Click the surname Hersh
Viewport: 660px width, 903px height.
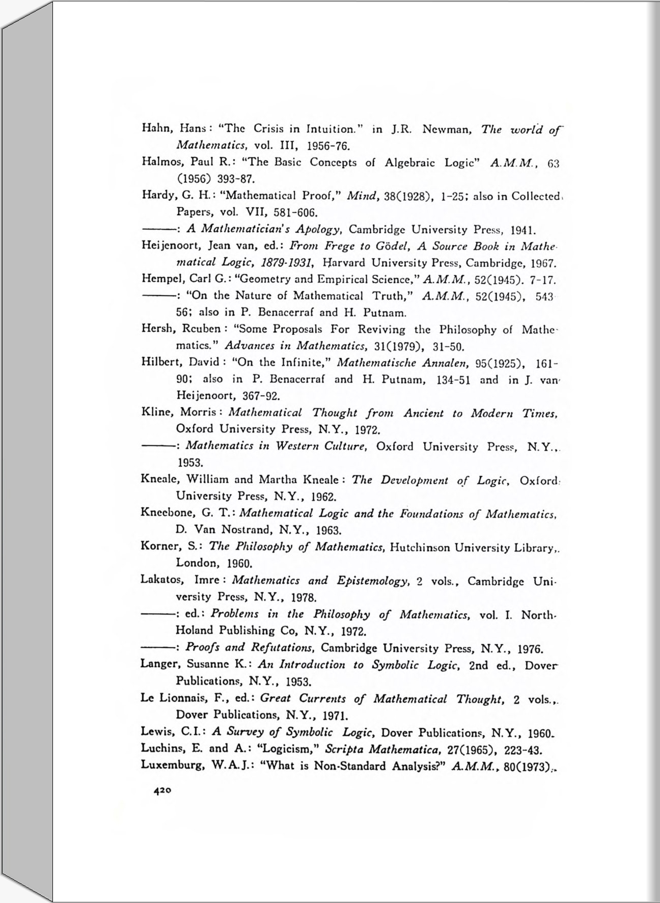[x=155, y=329]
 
